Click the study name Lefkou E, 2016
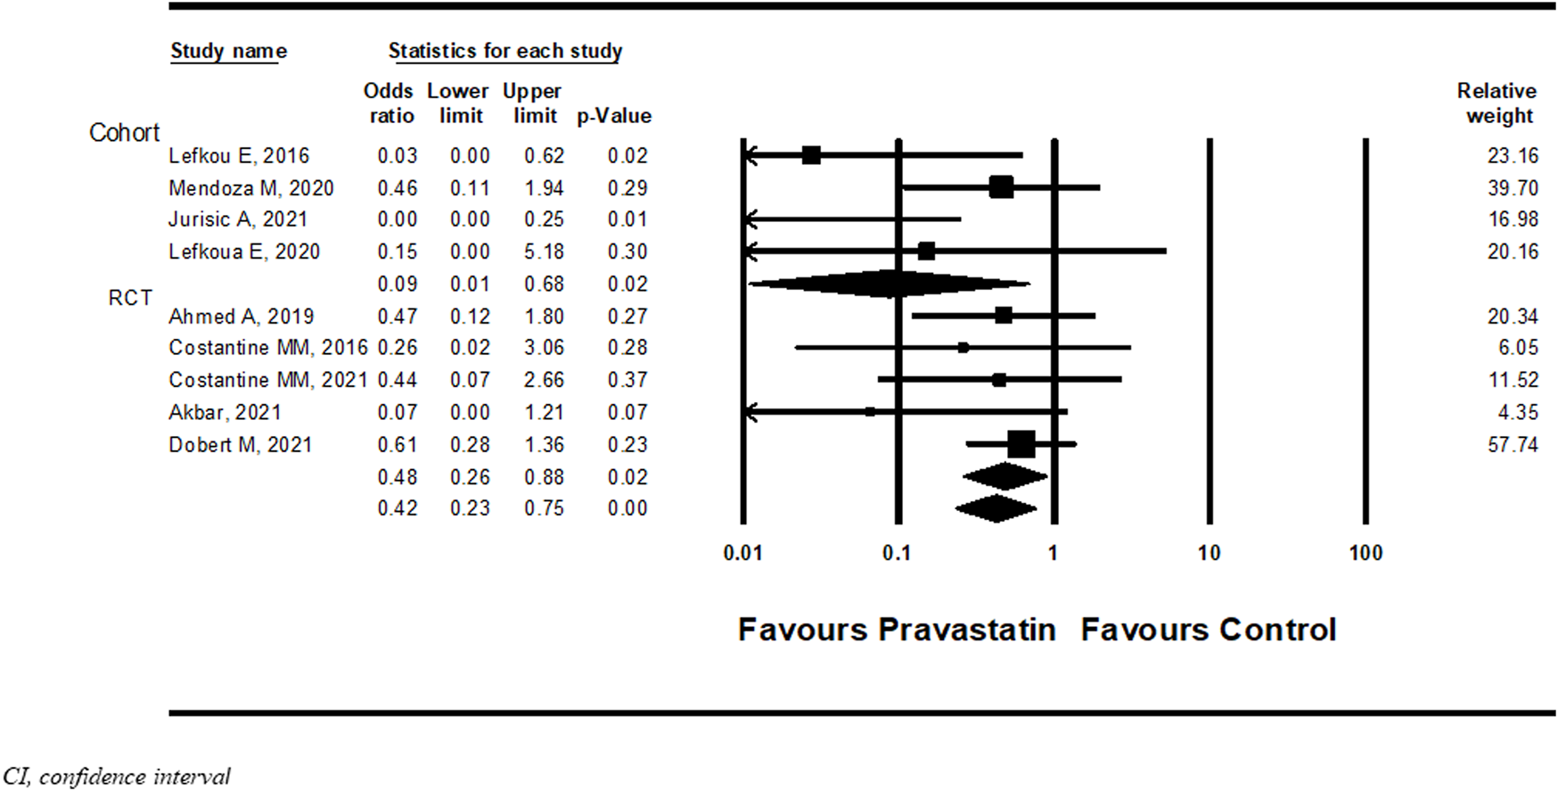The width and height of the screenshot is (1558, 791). [x=239, y=156]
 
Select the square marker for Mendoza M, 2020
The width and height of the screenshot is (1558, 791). [x=1001, y=187]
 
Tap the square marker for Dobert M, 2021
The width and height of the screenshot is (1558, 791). [x=1021, y=444]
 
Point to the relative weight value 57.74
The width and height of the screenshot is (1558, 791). [x=1513, y=444]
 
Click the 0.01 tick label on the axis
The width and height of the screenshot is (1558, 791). [x=742, y=553]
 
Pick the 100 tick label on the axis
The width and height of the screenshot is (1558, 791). [x=1365, y=553]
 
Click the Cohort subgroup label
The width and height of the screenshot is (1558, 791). [x=124, y=133]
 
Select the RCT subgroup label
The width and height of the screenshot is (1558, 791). [x=130, y=298]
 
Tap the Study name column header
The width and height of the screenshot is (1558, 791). [x=228, y=51]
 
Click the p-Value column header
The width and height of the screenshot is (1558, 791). [x=614, y=116]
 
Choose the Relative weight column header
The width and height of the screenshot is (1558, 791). [x=1497, y=103]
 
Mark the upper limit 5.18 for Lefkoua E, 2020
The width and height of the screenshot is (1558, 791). [x=544, y=251]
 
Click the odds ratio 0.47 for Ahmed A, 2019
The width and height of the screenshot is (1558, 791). [x=397, y=316]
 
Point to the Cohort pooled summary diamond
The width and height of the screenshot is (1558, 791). [x=890, y=284]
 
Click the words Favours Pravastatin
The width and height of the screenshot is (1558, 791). [x=897, y=630]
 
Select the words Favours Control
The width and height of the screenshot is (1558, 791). [x=1209, y=630]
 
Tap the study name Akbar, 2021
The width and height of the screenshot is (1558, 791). [x=225, y=412]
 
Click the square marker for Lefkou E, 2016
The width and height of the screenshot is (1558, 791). [x=811, y=155]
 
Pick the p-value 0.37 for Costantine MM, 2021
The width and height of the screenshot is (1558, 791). [x=627, y=380]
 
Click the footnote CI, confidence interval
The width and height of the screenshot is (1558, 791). [x=116, y=777]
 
